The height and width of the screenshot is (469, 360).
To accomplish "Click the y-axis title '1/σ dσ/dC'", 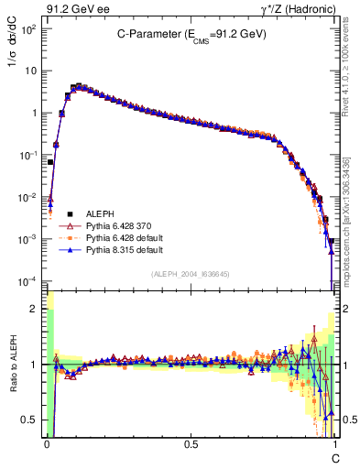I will [x=12, y=55].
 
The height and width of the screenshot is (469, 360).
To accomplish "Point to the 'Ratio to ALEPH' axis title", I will [x=12, y=365].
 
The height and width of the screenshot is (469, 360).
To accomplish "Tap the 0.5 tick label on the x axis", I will [x=191, y=443].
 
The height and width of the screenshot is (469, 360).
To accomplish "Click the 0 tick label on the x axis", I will [x=47, y=443].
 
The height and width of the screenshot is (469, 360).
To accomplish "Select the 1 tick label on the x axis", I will [x=334, y=443].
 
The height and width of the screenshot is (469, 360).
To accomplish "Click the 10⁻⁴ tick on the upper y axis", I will [x=27, y=280].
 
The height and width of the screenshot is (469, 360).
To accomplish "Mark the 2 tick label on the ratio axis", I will [x=35, y=310].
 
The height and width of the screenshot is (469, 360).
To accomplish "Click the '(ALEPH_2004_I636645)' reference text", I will [x=191, y=273].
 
